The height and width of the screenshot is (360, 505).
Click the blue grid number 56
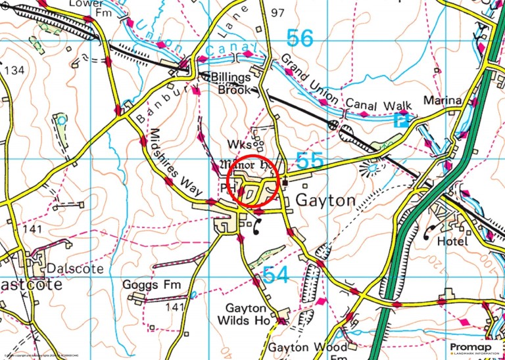(300, 38)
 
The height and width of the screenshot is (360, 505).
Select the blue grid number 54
(275, 275)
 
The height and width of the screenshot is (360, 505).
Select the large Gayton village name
(327, 200)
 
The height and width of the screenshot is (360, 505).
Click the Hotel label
(452, 242)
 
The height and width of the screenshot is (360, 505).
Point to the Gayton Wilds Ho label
(247, 314)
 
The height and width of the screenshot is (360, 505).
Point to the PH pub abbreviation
(229, 188)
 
